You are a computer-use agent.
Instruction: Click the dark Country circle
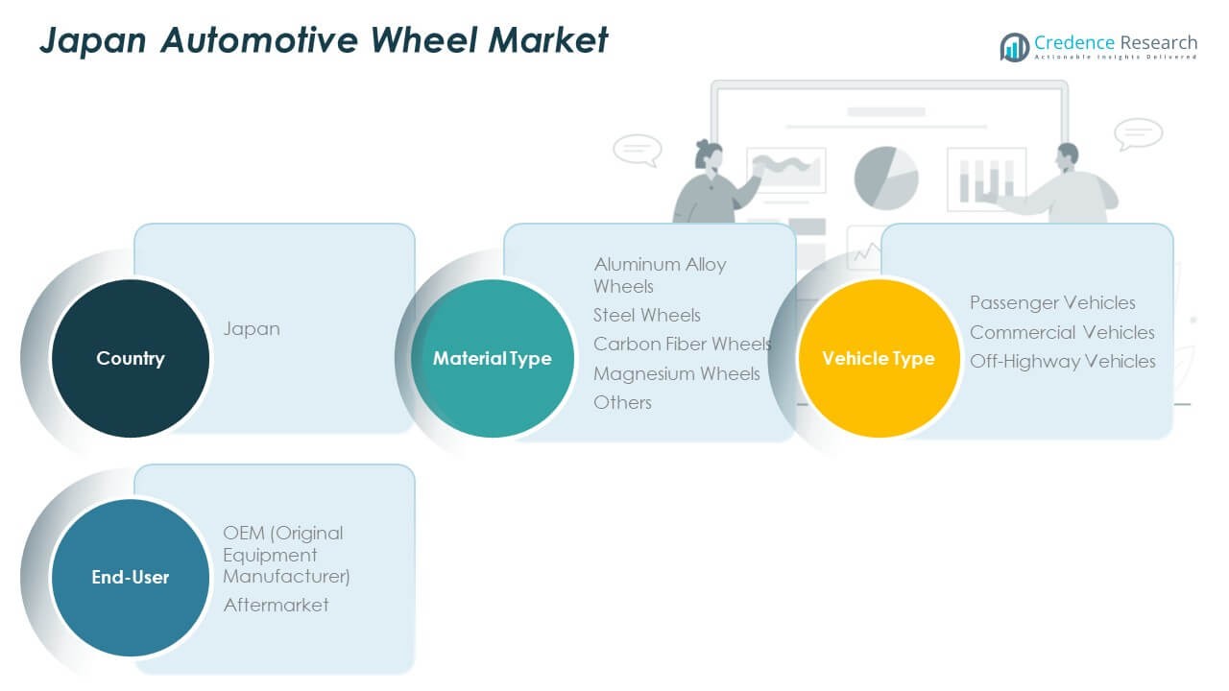click(x=130, y=358)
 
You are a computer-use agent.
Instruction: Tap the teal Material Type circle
click(x=492, y=358)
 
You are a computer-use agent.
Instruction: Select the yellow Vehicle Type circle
click(x=878, y=358)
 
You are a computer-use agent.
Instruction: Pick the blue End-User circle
click(x=130, y=577)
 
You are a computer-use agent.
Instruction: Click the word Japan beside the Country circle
click(x=252, y=328)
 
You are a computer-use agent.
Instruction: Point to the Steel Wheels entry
click(x=647, y=315)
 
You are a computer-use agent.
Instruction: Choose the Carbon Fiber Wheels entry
click(x=682, y=344)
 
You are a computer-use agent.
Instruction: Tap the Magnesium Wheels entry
click(x=676, y=373)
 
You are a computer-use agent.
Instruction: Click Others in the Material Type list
click(x=622, y=402)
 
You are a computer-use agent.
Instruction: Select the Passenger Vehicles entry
click(x=1052, y=302)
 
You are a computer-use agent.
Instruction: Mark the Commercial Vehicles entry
click(x=1062, y=332)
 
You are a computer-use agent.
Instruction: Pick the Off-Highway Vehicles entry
click(x=1062, y=361)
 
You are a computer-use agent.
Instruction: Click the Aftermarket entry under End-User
click(x=276, y=605)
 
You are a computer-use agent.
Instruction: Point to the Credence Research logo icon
click(x=1014, y=46)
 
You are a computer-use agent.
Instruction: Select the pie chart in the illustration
click(x=886, y=178)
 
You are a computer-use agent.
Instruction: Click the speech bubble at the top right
click(x=1139, y=132)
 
